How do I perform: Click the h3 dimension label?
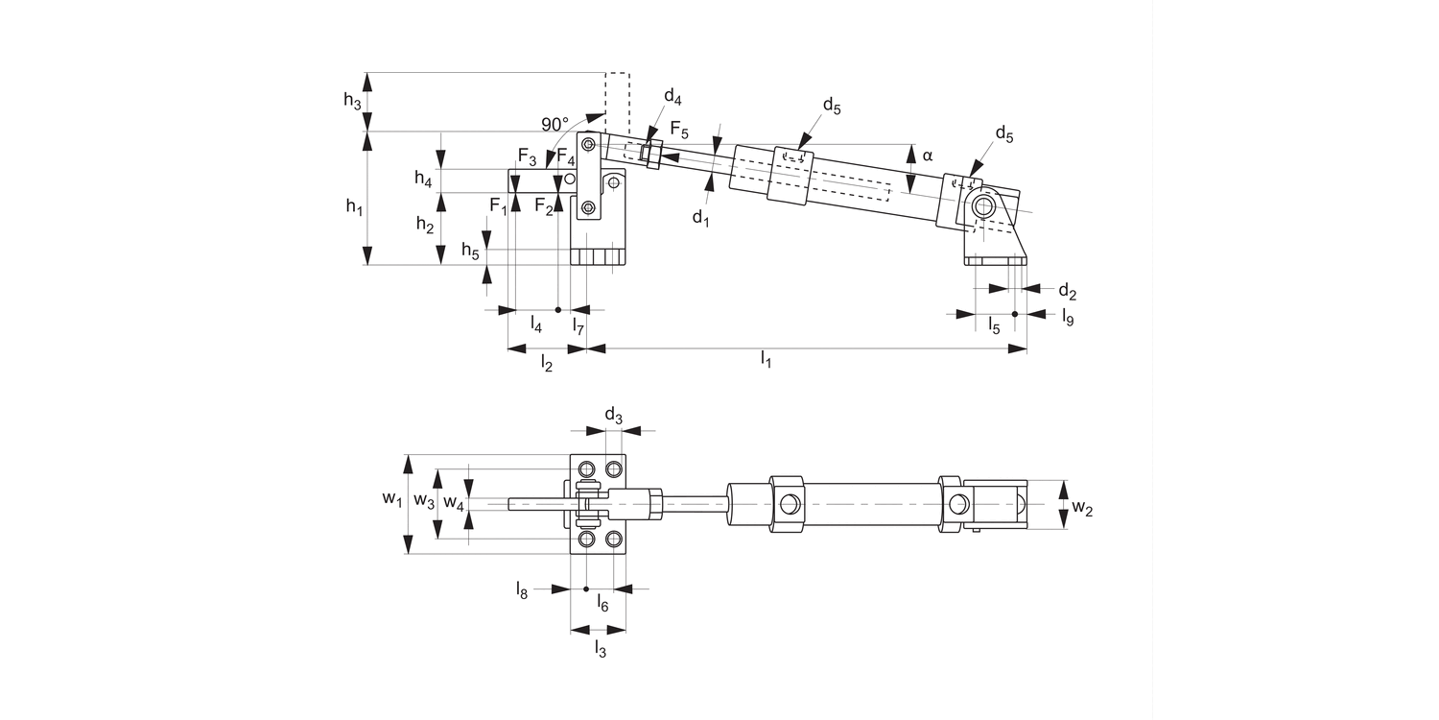353,101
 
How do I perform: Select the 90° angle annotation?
554,125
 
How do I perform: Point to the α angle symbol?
927,154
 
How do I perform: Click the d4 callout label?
672,98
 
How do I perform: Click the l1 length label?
767,360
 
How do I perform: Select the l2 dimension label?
547,362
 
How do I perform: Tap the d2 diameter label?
1067,291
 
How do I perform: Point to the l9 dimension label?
1067,317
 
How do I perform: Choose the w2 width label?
1082,508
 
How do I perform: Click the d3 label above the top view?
614,417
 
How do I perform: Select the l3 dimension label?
600,650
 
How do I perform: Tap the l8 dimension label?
522,589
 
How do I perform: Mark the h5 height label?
470,252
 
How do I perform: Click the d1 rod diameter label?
701,218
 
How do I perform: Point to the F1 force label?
498,205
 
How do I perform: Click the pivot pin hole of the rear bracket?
983,204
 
